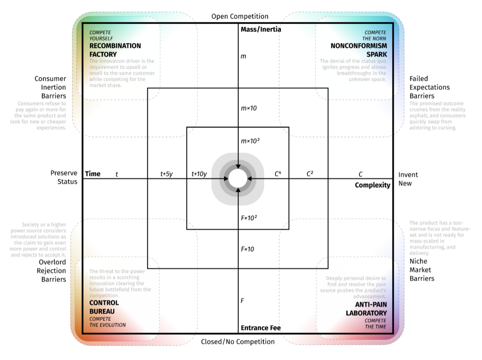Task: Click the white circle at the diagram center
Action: (x=237, y=178)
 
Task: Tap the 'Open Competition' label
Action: (x=240, y=17)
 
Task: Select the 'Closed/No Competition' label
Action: (x=238, y=342)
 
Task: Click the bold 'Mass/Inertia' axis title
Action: (x=261, y=30)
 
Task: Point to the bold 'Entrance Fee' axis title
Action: (x=261, y=328)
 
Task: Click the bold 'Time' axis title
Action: (x=92, y=174)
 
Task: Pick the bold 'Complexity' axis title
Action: (x=372, y=185)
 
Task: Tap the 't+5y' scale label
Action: (x=167, y=174)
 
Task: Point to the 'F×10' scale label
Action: (x=247, y=249)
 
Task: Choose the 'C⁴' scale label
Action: (x=278, y=174)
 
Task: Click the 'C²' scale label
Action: (x=309, y=174)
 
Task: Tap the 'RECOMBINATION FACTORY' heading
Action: (x=115, y=50)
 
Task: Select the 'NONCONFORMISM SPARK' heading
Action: (x=359, y=50)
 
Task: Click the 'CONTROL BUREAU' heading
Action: (x=104, y=307)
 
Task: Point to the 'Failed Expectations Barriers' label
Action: (x=429, y=87)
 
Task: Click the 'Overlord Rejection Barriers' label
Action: (x=51, y=271)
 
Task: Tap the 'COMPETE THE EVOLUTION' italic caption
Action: (x=107, y=322)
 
